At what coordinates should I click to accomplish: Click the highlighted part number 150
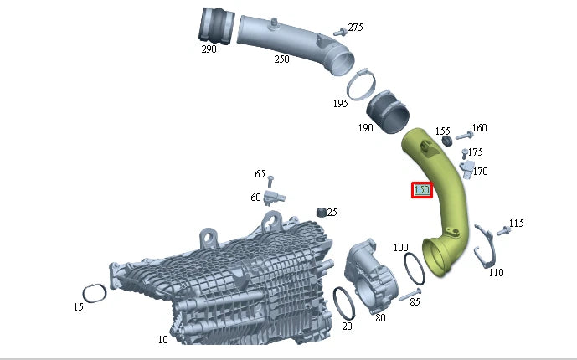click(x=421, y=190)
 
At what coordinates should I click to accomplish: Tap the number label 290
click(x=209, y=49)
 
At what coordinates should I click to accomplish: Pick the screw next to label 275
click(x=339, y=32)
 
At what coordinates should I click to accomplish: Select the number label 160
click(x=479, y=128)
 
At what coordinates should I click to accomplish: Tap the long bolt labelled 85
click(x=408, y=296)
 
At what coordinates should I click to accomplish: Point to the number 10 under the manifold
click(x=162, y=340)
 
